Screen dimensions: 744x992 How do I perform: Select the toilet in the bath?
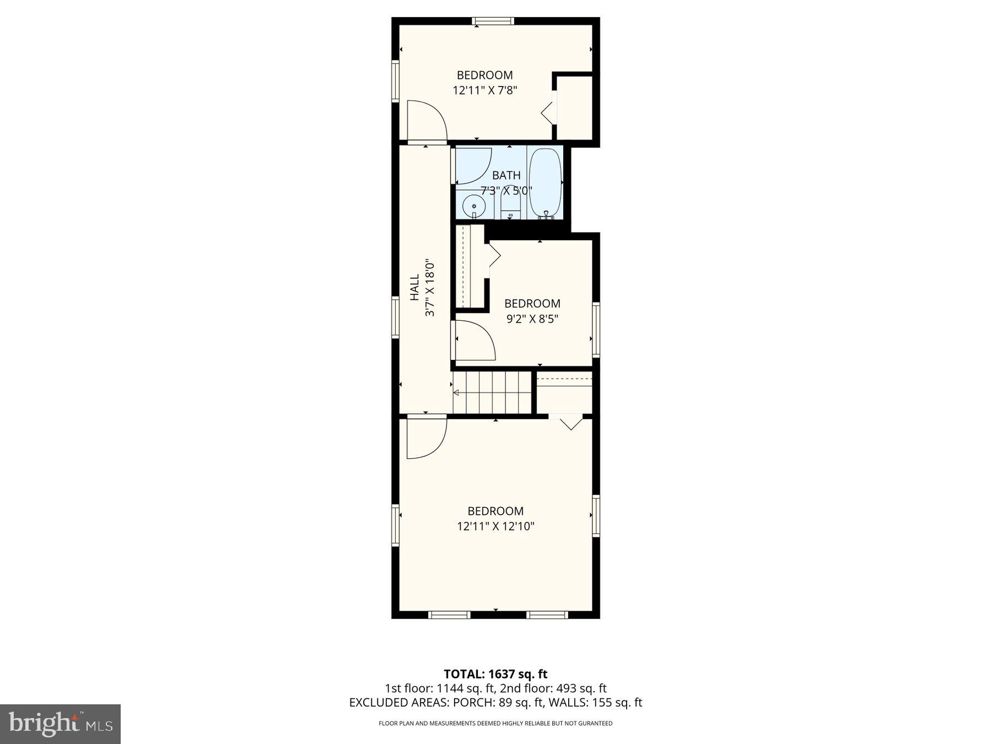coord(510,208)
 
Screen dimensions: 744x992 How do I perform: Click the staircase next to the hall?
coord(492,392)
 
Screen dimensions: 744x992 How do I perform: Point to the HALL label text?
coord(415,288)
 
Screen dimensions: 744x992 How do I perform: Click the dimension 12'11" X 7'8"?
coord(484,90)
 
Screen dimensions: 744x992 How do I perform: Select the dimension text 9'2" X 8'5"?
coord(532,319)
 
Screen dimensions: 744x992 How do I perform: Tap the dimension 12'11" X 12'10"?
coord(495,526)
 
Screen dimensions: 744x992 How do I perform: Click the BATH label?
coord(506,175)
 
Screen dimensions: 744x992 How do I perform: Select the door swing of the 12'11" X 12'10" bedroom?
coord(425,438)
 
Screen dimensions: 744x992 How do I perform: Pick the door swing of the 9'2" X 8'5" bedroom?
coord(474,340)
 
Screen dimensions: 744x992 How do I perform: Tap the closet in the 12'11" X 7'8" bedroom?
coord(574,107)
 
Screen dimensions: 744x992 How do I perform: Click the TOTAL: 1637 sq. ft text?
coord(495,673)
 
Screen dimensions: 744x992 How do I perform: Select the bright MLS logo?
coord(60,724)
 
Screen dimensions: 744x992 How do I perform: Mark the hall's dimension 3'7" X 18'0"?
coord(430,288)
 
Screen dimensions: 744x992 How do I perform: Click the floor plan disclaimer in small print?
coord(495,724)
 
